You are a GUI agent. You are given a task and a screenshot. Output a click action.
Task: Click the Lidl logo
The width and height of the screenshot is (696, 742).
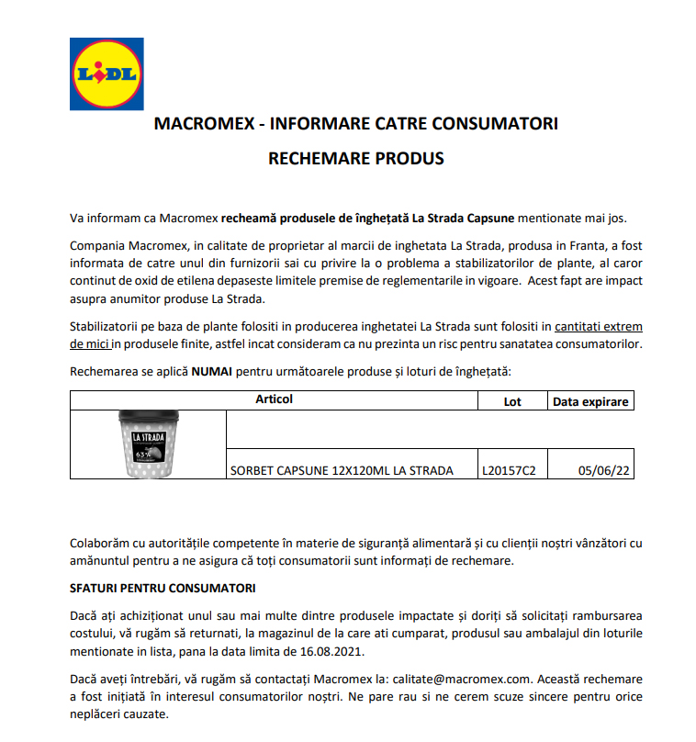[107, 73]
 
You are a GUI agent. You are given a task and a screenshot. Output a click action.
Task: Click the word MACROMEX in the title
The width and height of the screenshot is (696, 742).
[196, 124]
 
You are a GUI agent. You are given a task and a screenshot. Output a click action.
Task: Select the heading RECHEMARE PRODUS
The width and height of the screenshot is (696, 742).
[355, 159]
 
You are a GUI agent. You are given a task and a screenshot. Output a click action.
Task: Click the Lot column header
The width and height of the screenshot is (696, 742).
[512, 401]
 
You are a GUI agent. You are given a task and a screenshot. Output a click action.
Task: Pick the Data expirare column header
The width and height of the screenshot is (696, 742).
[591, 401]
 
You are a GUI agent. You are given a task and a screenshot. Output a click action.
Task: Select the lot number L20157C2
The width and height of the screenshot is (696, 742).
[509, 471]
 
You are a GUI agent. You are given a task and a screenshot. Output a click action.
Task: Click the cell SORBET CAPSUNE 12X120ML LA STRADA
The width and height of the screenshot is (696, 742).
[342, 471]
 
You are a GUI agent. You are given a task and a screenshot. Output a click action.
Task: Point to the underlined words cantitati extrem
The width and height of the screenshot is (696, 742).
[599, 327]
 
